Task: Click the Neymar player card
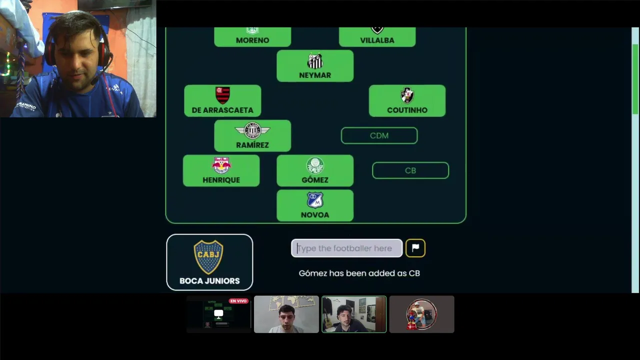(315, 66)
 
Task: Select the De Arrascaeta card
(222, 101)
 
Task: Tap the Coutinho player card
(407, 101)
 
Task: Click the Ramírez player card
(252, 136)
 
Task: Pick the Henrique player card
(221, 171)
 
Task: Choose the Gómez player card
(315, 171)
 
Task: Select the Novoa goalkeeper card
(315, 206)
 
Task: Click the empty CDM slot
(379, 135)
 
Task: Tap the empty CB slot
(410, 170)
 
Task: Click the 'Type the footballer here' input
(346, 248)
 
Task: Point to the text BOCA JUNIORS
(209, 281)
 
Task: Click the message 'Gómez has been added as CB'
(359, 273)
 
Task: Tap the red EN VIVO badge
(238, 301)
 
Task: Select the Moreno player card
(252, 37)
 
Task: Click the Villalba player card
(377, 37)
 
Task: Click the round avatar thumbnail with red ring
(421, 314)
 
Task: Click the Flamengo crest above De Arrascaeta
(222, 94)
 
